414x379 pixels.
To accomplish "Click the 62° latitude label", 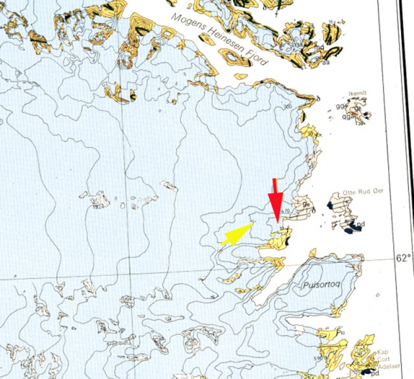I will (x=403, y=258).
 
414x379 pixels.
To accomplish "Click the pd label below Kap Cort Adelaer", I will (x=373, y=373).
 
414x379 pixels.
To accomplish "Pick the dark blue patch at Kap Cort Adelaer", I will (x=367, y=372).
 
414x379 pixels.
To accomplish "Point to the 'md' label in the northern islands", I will (x=318, y=47).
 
